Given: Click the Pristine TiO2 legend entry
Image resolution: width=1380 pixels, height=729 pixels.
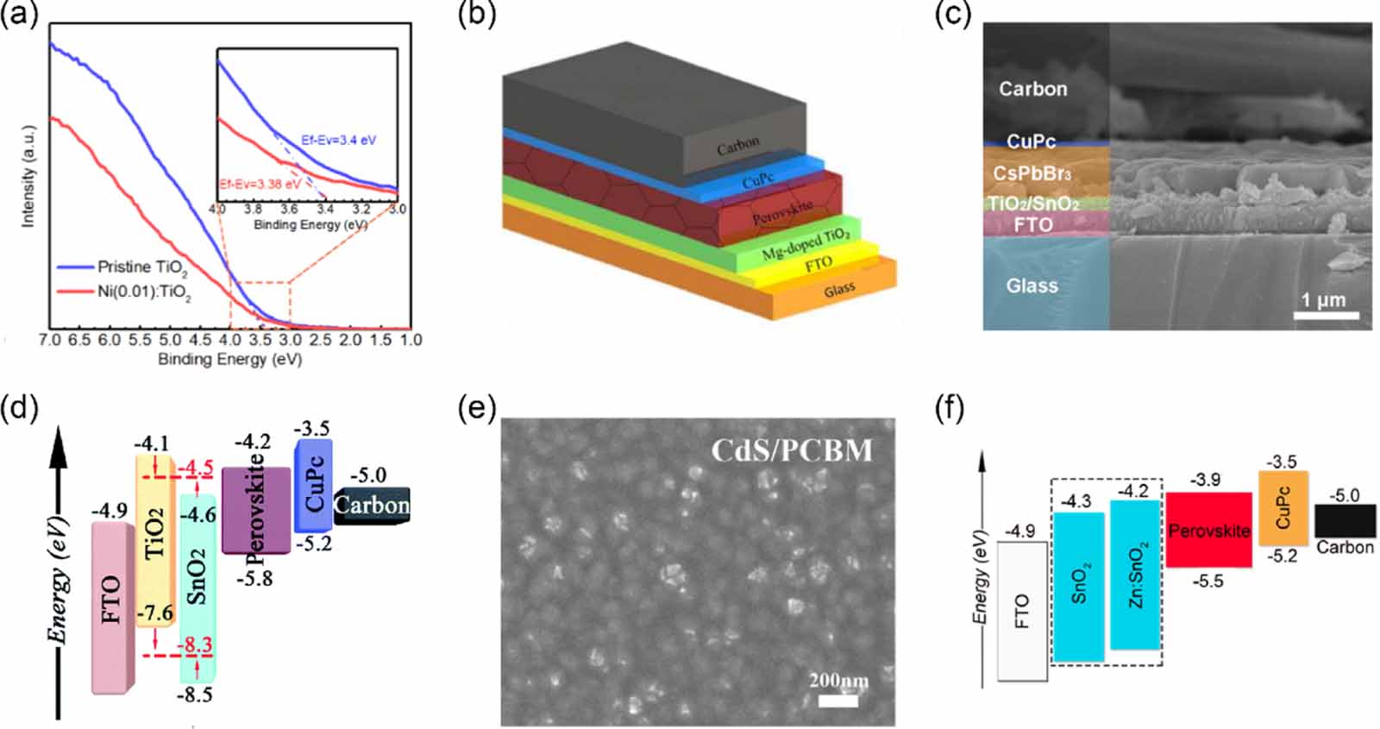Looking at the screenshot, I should [x=141, y=267].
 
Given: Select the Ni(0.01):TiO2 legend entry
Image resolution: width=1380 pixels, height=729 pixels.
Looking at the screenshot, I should [x=143, y=292].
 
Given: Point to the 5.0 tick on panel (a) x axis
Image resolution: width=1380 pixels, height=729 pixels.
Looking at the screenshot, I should [x=170, y=340].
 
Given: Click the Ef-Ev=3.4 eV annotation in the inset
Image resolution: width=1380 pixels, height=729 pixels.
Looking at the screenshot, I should [x=338, y=140].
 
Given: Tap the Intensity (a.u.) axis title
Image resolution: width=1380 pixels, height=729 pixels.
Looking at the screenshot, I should [x=28, y=177].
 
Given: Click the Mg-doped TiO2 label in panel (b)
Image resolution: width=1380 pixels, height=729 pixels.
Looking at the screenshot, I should [x=806, y=244].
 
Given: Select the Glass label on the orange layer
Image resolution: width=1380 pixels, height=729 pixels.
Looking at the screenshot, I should [x=838, y=290].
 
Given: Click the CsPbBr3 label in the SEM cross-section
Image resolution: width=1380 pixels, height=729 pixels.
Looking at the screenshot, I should [x=1032, y=173].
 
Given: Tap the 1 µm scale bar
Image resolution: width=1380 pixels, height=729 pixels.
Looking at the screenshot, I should [x=1326, y=316].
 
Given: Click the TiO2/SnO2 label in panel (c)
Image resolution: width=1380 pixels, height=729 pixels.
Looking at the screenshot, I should [x=1032, y=204].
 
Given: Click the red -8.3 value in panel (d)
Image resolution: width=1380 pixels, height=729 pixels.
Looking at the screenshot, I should [x=195, y=645].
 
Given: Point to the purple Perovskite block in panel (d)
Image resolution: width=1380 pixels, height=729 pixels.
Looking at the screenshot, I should [x=256, y=511].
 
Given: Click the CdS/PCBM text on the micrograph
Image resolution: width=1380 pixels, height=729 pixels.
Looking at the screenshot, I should [x=791, y=450].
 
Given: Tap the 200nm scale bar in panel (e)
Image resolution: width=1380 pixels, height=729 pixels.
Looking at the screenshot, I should [x=837, y=701].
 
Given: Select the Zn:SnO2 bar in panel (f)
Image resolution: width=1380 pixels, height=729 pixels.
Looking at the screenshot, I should [x=1134, y=575].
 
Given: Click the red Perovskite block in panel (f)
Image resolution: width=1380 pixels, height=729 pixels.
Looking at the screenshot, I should [x=1208, y=530].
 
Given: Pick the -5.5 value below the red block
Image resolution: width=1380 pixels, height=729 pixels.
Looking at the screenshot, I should [x=1207, y=581].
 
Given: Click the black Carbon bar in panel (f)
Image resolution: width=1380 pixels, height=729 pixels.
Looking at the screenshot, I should [x=1345, y=521].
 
